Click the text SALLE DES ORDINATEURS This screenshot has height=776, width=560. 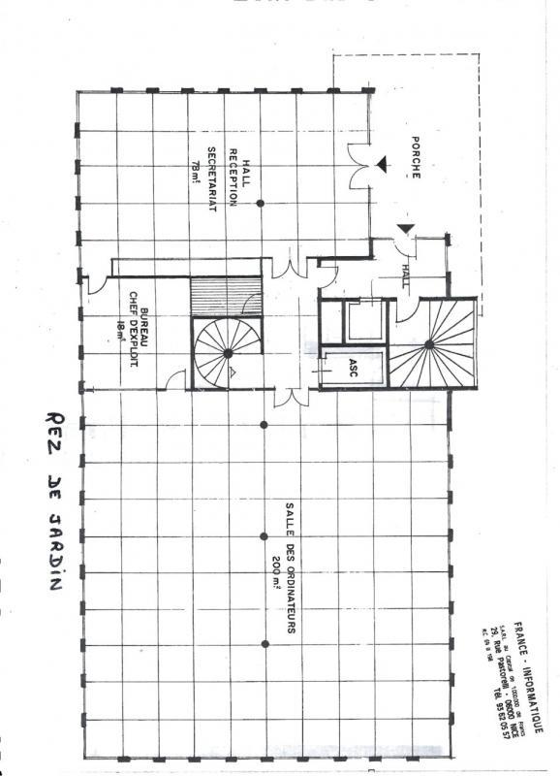pyautogui.click(x=289, y=568)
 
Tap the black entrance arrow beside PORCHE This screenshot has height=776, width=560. pyautogui.click(x=386, y=165)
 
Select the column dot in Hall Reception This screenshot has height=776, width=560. pyautogui.click(x=260, y=203)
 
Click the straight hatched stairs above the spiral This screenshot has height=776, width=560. pyautogui.click(x=225, y=295)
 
